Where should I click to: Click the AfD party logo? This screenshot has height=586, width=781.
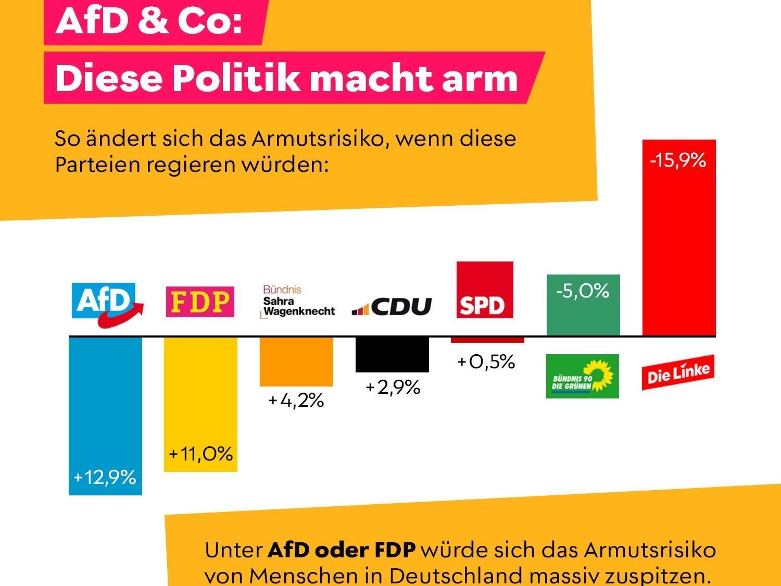click(x=107, y=303)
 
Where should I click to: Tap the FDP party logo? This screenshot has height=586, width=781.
click(x=200, y=302)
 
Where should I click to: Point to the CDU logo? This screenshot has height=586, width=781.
click(x=392, y=306)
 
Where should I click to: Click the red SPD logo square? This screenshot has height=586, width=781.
click(x=485, y=290)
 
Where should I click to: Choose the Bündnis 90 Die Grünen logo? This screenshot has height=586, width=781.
click(x=582, y=376)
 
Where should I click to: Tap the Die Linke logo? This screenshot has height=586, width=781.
click(x=677, y=372)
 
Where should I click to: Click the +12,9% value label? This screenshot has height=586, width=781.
click(x=105, y=477)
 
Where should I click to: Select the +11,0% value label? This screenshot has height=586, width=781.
click(x=200, y=454)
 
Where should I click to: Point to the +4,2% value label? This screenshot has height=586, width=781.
click(x=296, y=401)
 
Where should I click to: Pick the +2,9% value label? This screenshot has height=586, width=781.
click(x=393, y=388)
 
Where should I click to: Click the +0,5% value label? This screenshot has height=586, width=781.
click(x=486, y=362)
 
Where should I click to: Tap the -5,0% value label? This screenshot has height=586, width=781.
click(x=583, y=291)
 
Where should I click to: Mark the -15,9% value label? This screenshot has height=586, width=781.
click(x=678, y=160)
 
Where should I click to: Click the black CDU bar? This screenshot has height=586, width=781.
click(x=392, y=354)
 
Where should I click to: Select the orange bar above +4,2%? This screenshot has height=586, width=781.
click(x=296, y=361)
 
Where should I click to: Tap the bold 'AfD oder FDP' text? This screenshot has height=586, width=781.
click(x=342, y=550)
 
